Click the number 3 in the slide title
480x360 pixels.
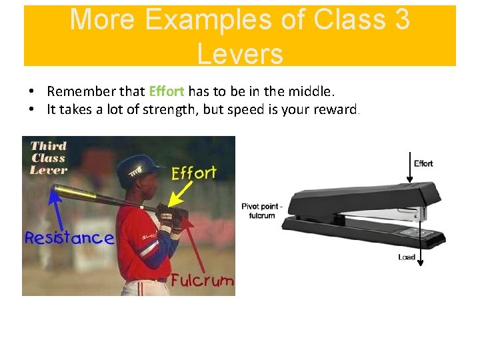click(401, 19)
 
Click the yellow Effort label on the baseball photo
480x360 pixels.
click(194, 173)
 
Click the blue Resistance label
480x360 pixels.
click(69, 238)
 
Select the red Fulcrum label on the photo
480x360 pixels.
click(202, 280)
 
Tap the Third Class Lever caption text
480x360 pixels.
click(49, 157)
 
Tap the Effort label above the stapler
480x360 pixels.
click(423, 163)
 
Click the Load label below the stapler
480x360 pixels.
click(406, 257)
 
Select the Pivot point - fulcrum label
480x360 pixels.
click(262, 211)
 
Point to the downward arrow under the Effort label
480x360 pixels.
click(409, 167)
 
